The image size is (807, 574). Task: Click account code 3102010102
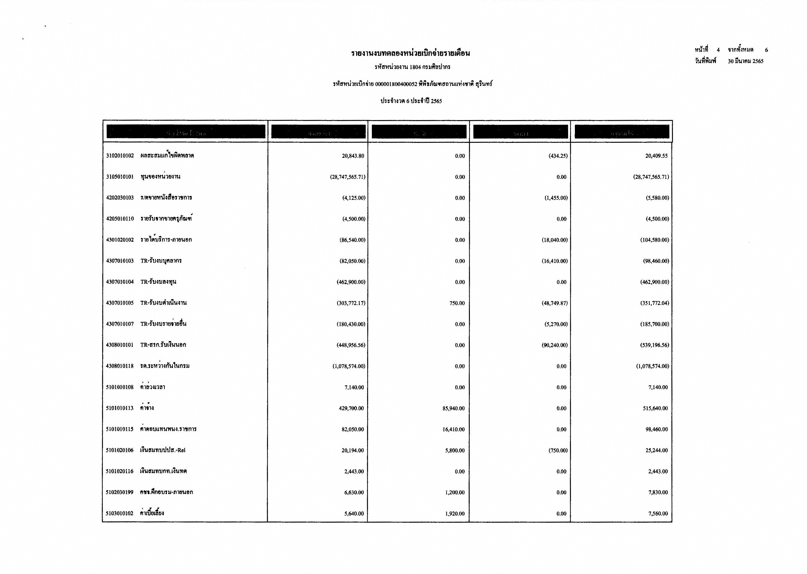click(x=120, y=156)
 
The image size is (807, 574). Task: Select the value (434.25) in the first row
click(x=558, y=156)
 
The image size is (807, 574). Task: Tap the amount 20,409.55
click(x=656, y=156)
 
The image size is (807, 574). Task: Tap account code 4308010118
click(x=120, y=366)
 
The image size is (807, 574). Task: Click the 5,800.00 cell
click(x=455, y=451)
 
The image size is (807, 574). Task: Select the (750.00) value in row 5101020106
click(x=558, y=451)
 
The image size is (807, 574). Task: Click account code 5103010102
click(x=120, y=513)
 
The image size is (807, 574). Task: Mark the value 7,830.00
click(x=658, y=493)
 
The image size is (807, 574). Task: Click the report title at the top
click(x=410, y=53)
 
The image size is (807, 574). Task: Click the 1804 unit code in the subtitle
click(x=415, y=67)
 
